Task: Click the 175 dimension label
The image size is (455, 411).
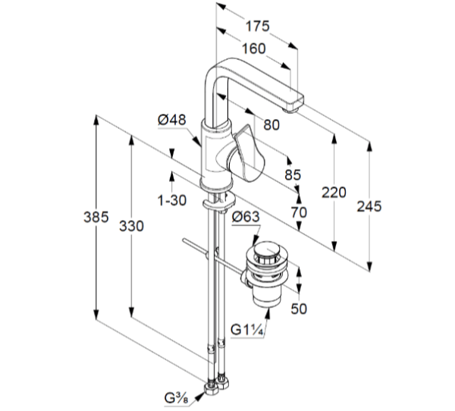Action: [x=257, y=26]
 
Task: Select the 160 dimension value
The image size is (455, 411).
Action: [x=253, y=49]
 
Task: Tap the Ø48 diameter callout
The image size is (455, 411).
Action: [x=172, y=120]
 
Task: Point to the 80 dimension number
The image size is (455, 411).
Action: [x=271, y=125]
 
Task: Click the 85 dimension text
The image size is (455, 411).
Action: [x=293, y=174]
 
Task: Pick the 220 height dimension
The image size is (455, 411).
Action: [x=334, y=193]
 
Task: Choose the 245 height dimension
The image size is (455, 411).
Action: [x=369, y=206]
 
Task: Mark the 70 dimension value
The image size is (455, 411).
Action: [x=299, y=212]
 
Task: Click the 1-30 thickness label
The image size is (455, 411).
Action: [x=172, y=200]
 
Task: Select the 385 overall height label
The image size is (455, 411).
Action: [x=96, y=217]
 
